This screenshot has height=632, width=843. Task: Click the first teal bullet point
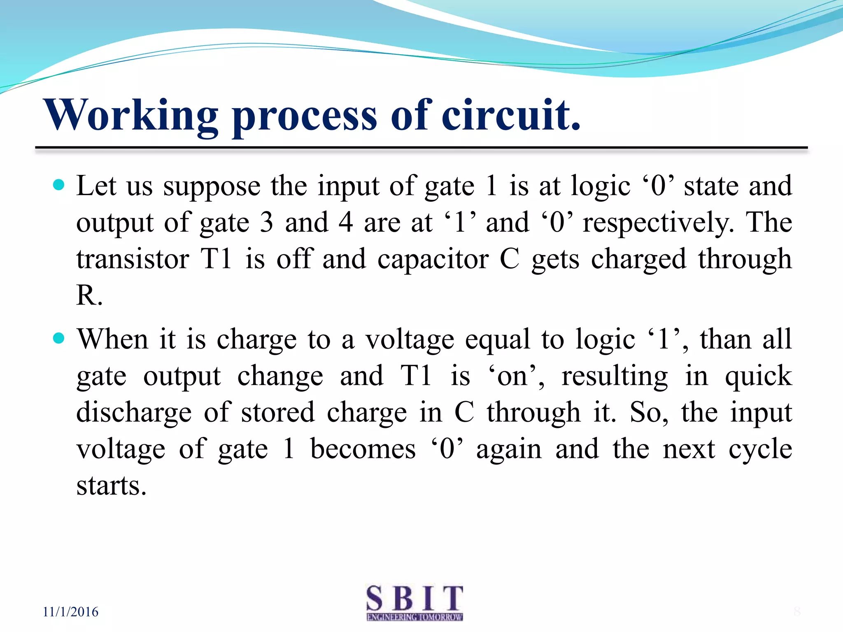(x=59, y=185)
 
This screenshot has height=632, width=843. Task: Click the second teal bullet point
(x=59, y=338)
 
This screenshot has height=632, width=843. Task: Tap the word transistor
(x=133, y=259)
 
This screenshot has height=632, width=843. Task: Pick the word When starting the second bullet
(x=112, y=339)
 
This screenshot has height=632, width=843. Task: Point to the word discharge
(x=134, y=413)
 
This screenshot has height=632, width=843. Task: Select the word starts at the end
(x=111, y=486)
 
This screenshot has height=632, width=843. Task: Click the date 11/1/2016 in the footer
(x=71, y=612)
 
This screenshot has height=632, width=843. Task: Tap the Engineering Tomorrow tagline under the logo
(x=415, y=617)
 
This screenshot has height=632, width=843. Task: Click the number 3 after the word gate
(x=266, y=223)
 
